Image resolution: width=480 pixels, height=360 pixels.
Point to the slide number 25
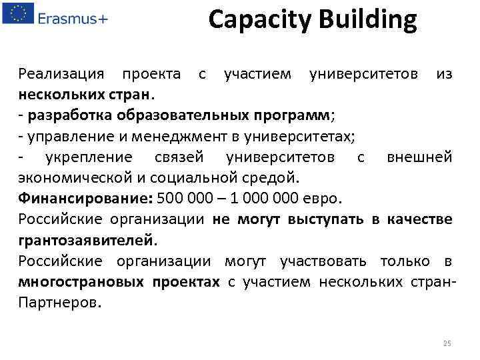point(447,343)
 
